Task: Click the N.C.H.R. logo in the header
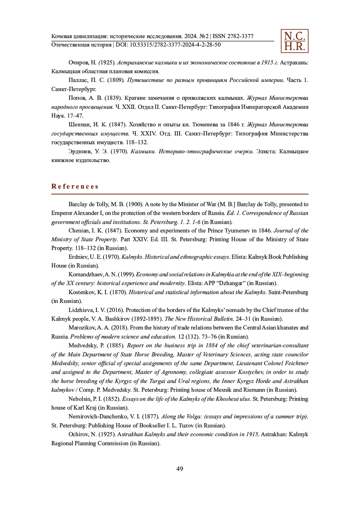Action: pyautogui.click(x=294, y=41)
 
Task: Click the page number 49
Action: pyautogui.click(x=180, y=469)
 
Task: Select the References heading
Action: pyautogui.click(x=75, y=187)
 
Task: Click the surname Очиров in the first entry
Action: pyautogui.click(x=78, y=63)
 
